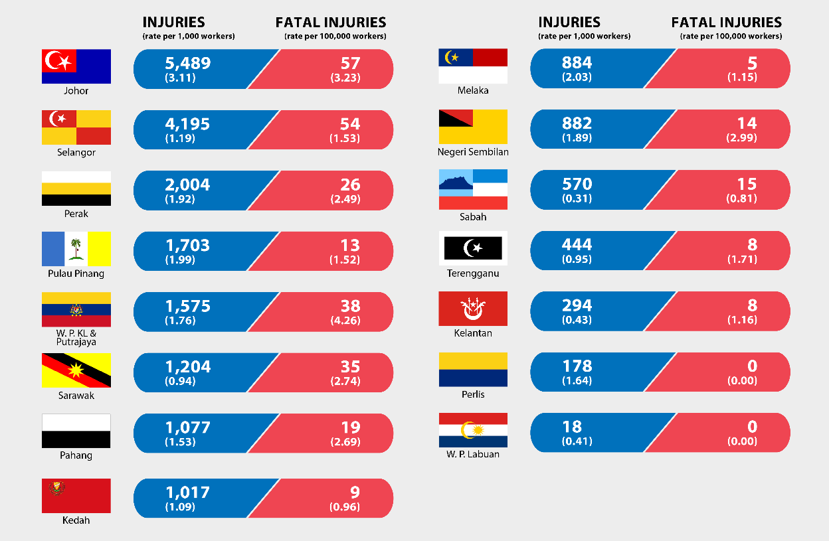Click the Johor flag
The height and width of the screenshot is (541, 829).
[76, 66]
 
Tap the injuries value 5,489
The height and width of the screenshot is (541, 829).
[188, 63]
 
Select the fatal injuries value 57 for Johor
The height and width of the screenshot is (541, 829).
[350, 63]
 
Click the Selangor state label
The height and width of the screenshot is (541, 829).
[76, 153]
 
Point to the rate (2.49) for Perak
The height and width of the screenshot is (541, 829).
[345, 200]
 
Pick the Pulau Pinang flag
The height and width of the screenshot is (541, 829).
[76, 249]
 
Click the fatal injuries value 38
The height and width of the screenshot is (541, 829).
[350, 306]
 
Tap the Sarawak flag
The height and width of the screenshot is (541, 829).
[76, 370]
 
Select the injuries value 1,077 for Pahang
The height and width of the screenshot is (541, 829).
[188, 427]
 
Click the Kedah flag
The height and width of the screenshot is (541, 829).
[76, 495]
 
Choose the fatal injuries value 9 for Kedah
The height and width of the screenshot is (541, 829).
[354, 493]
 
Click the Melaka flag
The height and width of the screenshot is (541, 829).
[473, 66]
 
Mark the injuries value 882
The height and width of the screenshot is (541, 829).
[577, 123]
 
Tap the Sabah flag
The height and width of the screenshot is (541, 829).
[473, 189]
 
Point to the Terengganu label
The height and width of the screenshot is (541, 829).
[474, 273]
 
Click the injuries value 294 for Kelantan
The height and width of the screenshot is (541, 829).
[577, 305]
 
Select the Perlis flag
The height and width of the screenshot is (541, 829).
[473, 370]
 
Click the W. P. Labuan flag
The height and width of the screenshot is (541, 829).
[473, 430]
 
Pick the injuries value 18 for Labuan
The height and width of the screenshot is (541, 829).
[572, 427]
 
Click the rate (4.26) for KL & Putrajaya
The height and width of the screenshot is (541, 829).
[345, 321]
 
